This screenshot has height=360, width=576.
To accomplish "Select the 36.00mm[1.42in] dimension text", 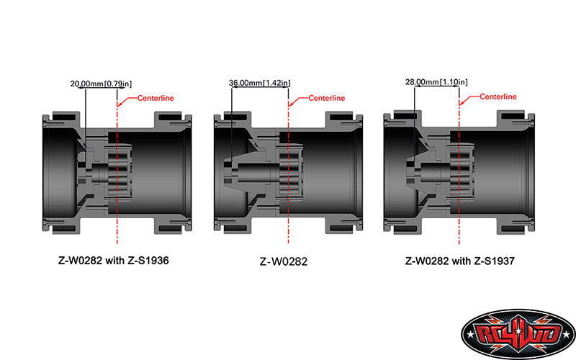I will tap(259, 84).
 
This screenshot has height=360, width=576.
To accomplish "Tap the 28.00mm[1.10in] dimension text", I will tap(436, 83).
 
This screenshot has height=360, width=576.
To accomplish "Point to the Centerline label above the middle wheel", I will tap(326, 98).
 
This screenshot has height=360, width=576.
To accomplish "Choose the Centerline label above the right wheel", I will tap(498, 96).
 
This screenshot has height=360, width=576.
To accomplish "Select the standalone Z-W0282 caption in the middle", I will tap(287, 261).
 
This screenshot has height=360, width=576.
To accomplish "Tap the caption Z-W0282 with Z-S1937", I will tap(460, 260).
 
